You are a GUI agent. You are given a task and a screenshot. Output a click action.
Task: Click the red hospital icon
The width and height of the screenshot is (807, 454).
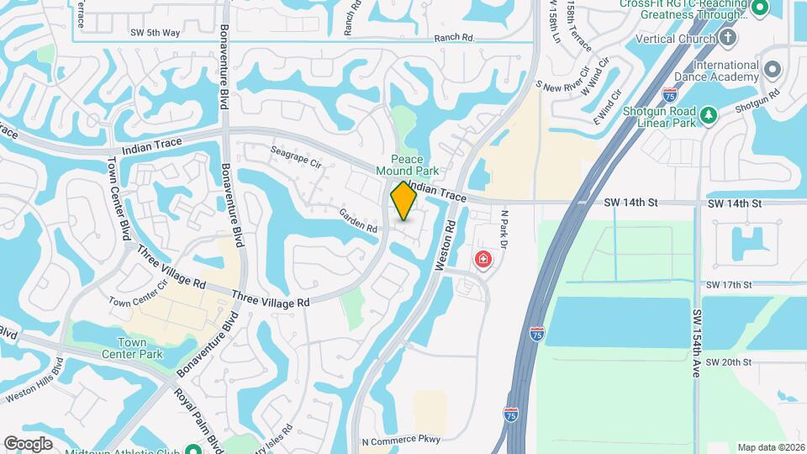[x=483, y=260]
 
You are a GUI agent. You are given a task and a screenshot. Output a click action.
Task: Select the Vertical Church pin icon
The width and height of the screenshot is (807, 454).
[x=728, y=38]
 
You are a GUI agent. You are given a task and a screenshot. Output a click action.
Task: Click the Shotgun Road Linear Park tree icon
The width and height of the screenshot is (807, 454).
[x=709, y=114]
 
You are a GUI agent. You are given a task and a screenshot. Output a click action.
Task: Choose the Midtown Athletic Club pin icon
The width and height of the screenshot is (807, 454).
[x=193, y=448]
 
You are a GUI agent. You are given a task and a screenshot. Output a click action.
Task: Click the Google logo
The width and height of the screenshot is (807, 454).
[x=29, y=443]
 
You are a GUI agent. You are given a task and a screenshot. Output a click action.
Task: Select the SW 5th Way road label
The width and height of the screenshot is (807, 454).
[x=155, y=33]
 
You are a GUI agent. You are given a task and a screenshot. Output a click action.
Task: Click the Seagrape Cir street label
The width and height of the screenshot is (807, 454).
[x=296, y=156]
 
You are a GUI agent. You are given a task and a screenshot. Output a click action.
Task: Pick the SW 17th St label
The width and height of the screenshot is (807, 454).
[x=728, y=285]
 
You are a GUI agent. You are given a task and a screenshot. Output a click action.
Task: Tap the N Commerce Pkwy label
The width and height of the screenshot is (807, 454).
[x=401, y=440]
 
